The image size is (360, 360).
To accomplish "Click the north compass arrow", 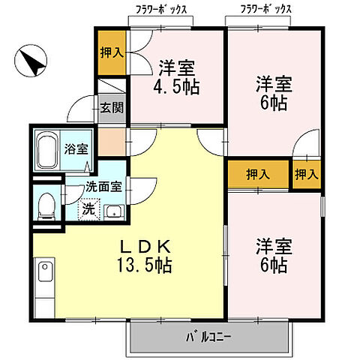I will [x=32, y=61].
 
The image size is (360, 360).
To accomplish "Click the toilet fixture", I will [x=46, y=205].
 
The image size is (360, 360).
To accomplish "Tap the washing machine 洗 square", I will [x=88, y=208].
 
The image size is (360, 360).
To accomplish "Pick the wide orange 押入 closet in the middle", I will [x=258, y=174].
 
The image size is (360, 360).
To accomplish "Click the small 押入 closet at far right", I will [x=305, y=174].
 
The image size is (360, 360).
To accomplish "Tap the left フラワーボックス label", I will [x=160, y=10].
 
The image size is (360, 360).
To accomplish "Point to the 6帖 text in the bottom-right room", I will [x=273, y=265].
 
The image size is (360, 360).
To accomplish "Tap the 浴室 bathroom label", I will [x=73, y=148].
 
